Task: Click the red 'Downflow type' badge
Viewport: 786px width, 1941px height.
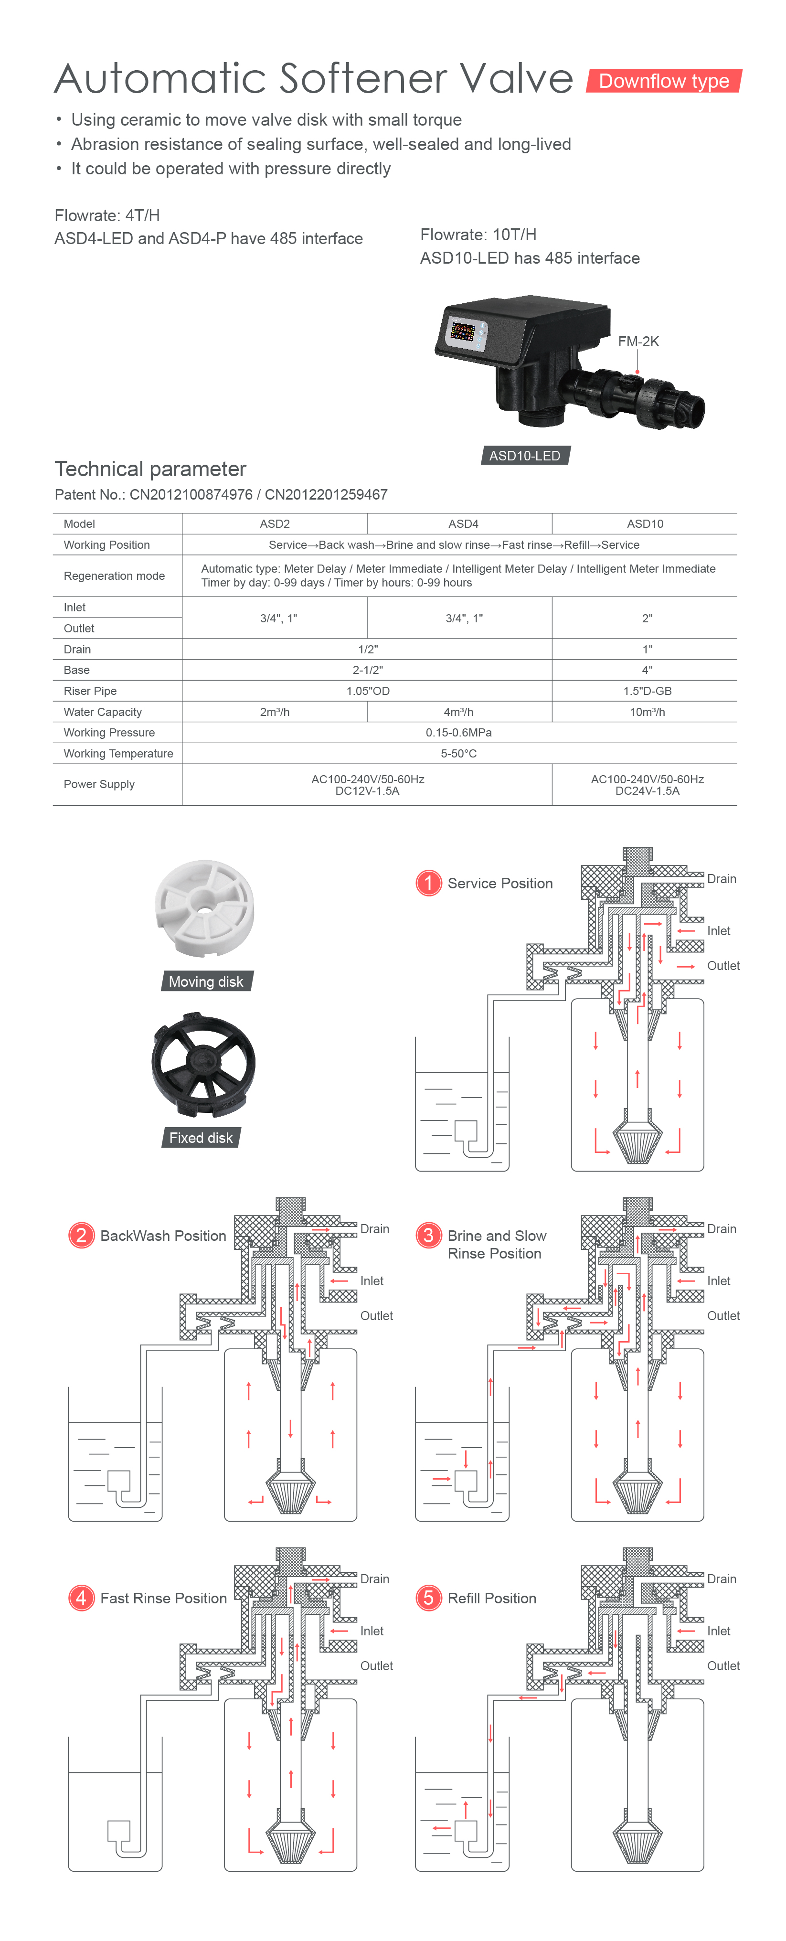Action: (664, 81)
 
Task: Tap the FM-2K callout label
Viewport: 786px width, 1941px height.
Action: (638, 341)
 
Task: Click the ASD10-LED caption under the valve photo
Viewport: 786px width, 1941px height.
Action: (525, 455)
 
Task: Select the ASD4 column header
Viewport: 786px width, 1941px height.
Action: (464, 523)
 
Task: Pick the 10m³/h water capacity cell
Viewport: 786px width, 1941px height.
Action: (648, 712)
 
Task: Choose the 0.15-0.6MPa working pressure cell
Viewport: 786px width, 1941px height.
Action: (459, 732)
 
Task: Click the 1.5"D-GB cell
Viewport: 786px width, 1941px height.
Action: (648, 691)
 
